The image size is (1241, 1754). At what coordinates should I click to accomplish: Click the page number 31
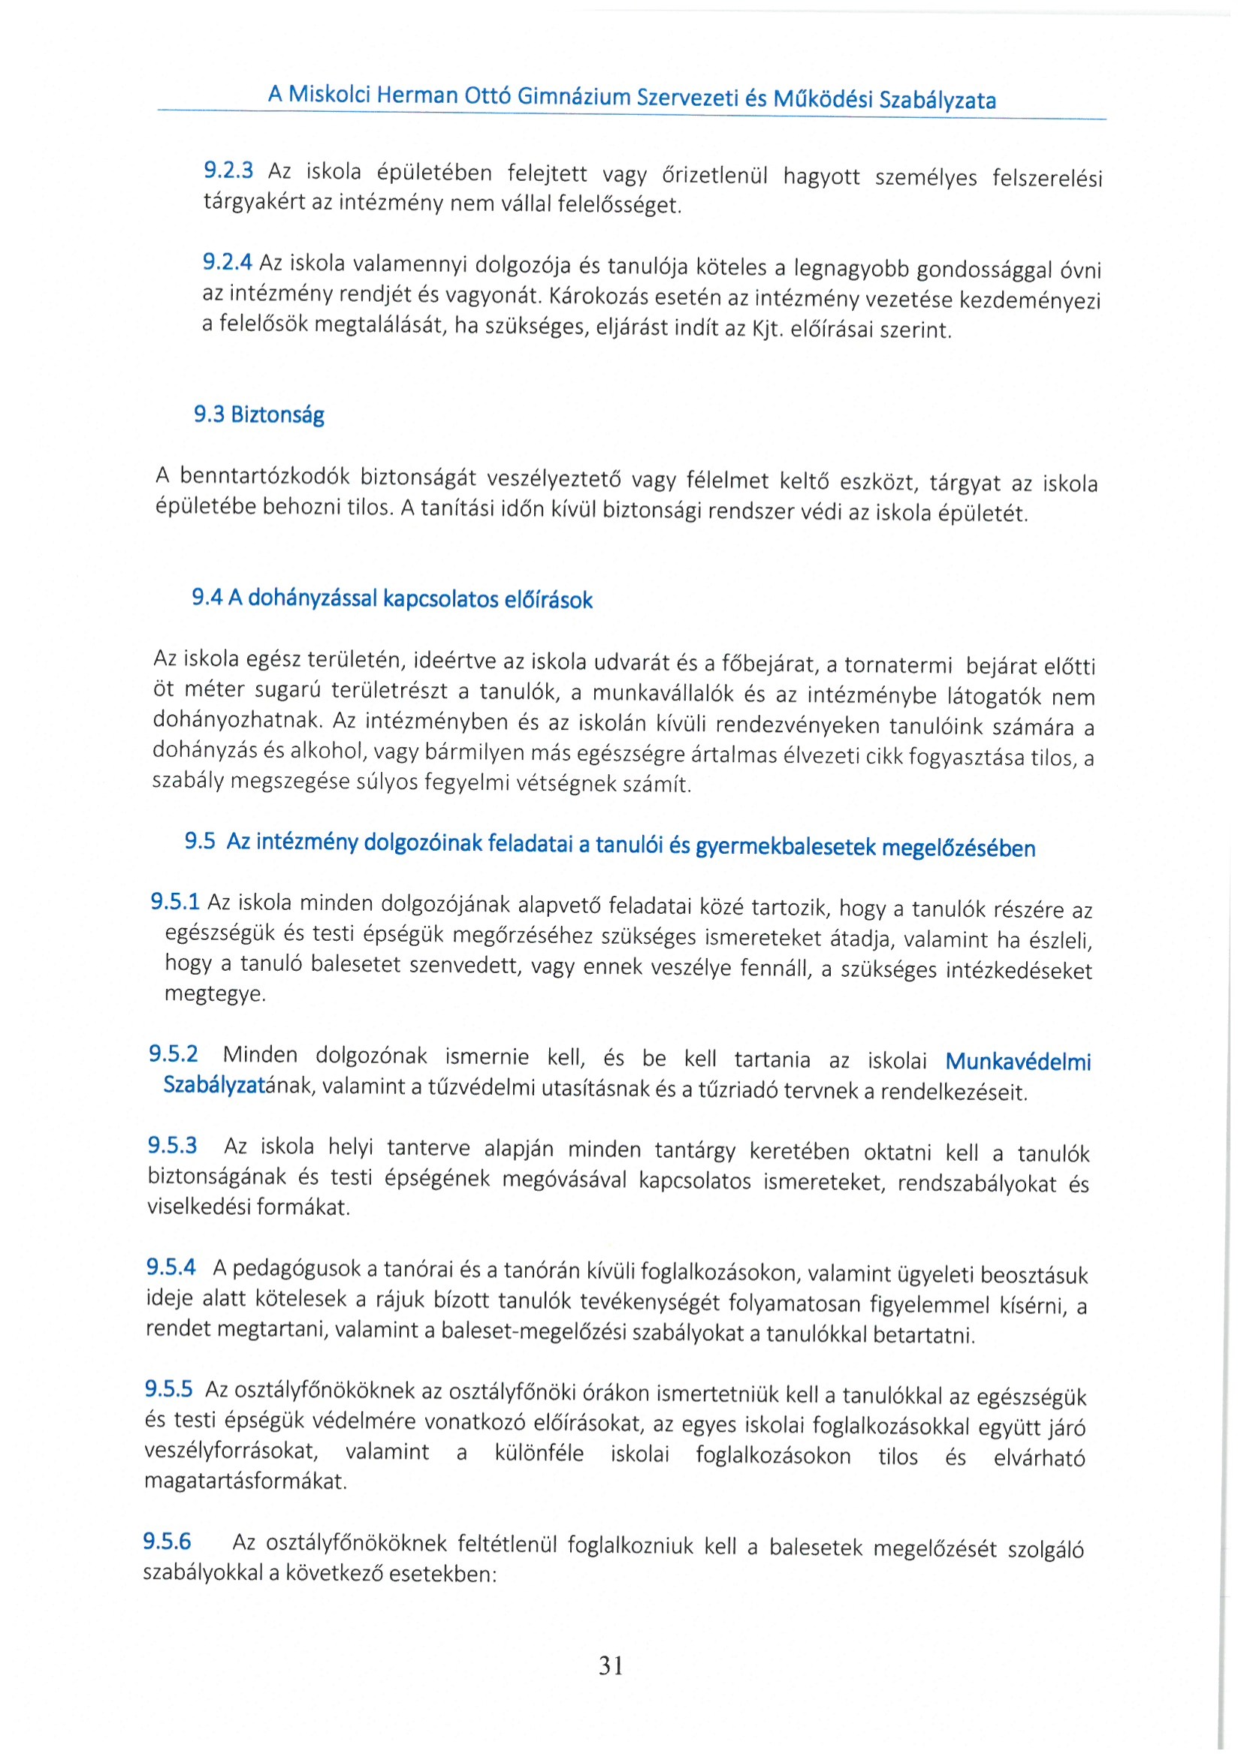tap(611, 1665)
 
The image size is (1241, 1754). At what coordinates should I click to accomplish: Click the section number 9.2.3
tap(228, 170)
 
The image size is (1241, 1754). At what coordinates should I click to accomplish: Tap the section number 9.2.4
tap(227, 262)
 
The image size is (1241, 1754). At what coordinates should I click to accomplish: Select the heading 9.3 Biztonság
tap(259, 414)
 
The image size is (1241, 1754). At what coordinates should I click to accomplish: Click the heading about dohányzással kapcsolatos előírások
tap(392, 599)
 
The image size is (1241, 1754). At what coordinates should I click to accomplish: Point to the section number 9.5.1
tap(175, 902)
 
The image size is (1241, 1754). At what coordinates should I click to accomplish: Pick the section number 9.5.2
tap(174, 1054)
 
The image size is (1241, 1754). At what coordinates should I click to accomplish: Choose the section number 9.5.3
tap(173, 1145)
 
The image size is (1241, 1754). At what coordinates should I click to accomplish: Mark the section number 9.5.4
tap(171, 1267)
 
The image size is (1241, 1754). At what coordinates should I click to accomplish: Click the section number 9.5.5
tap(169, 1388)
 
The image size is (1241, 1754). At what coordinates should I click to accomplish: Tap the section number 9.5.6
tap(168, 1541)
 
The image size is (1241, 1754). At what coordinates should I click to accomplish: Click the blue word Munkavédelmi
tap(1018, 1061)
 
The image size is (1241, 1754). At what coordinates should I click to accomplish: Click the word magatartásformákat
tap(246, 1481)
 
